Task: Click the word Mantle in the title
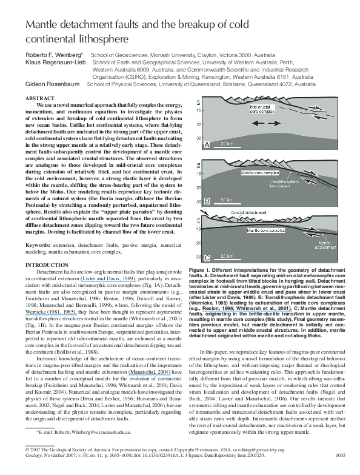point(41,26)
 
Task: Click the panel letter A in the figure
point(207,146)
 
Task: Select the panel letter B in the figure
point(207,199)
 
